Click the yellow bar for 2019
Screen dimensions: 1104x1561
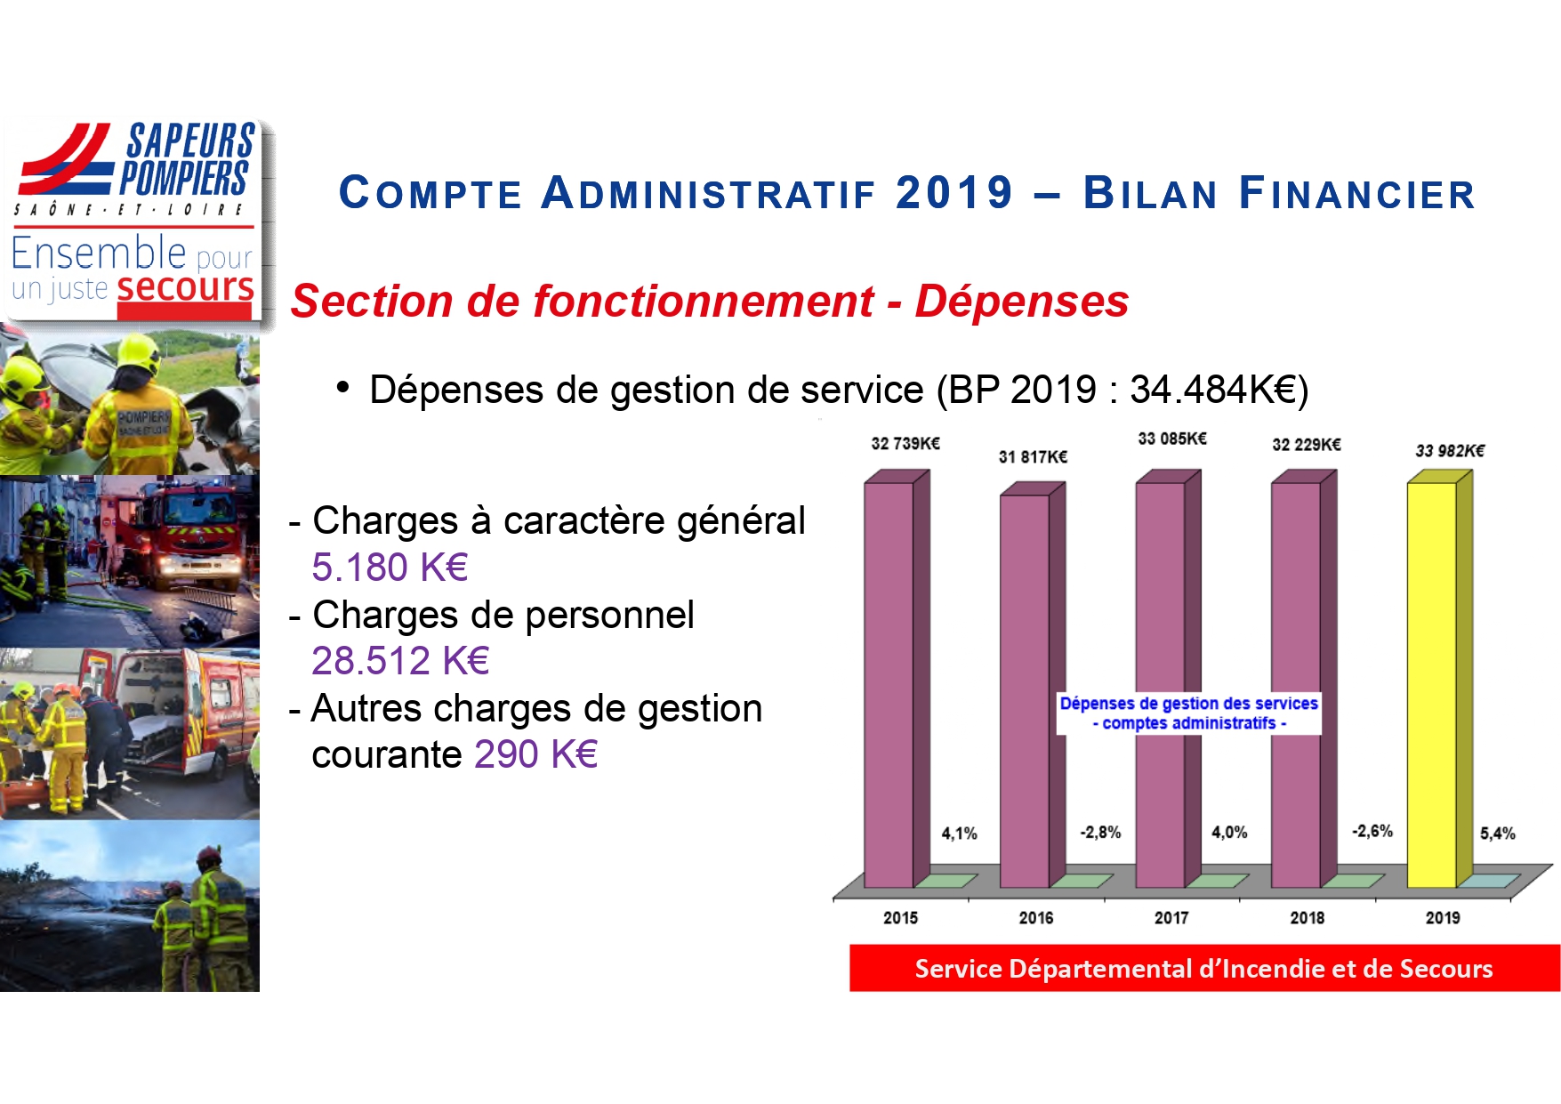point(1432,685)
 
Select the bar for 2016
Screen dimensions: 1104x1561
point(1025,690)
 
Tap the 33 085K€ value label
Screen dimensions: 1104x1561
point(1172,439)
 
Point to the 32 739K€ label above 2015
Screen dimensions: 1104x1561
point(905,443)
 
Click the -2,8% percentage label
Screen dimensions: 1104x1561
point(1100,833)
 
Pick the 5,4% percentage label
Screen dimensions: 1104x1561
point(1497,834)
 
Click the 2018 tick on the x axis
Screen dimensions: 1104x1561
point(1307,917)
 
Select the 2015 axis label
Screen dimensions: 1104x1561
point(900,917)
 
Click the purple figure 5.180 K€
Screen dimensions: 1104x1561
point(390,568)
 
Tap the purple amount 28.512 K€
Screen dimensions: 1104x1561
point(400,661)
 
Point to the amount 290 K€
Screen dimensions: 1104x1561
point(535,754)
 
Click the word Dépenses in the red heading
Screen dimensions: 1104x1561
point(1021,301)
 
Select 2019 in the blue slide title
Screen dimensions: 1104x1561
point(954,193)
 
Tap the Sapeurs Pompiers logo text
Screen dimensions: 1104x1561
point(187,160)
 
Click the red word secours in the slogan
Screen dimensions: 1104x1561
point(185,288)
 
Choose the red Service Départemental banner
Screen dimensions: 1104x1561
point(1203,968)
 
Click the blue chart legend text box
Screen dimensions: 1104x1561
point(1188,713)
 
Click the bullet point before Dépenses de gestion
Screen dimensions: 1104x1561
point(342,388)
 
